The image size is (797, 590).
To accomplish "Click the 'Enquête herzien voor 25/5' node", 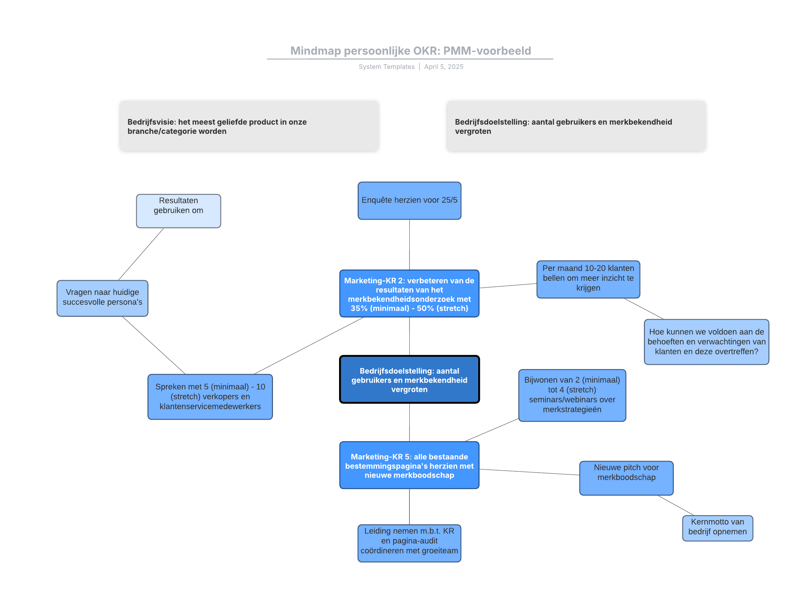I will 409,201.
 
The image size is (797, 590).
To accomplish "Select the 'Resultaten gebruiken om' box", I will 178,211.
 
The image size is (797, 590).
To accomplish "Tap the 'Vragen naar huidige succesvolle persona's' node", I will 102,298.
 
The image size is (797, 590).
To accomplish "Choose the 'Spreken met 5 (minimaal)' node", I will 210,397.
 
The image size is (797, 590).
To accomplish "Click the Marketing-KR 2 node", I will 409,294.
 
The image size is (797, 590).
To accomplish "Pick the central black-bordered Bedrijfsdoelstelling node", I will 409,379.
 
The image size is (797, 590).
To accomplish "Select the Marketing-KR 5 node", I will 409,465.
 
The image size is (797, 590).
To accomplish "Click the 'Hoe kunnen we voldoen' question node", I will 706,342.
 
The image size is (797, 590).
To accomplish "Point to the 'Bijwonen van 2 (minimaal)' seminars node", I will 572,395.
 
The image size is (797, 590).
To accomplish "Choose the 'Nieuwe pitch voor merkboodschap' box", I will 626,478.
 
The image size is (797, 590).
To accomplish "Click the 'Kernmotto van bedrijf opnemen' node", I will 717,528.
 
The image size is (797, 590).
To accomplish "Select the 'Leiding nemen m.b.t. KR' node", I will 409,543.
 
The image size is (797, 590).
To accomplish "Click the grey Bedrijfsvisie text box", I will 249,126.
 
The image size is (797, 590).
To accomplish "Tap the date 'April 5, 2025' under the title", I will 443,67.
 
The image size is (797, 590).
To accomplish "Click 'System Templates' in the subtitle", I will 386,67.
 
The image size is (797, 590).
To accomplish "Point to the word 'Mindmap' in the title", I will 315,51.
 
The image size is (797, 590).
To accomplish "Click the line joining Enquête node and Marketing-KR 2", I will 409,245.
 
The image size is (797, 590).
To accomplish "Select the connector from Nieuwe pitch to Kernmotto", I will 675,505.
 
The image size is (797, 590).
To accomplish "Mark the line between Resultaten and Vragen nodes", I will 141,254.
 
